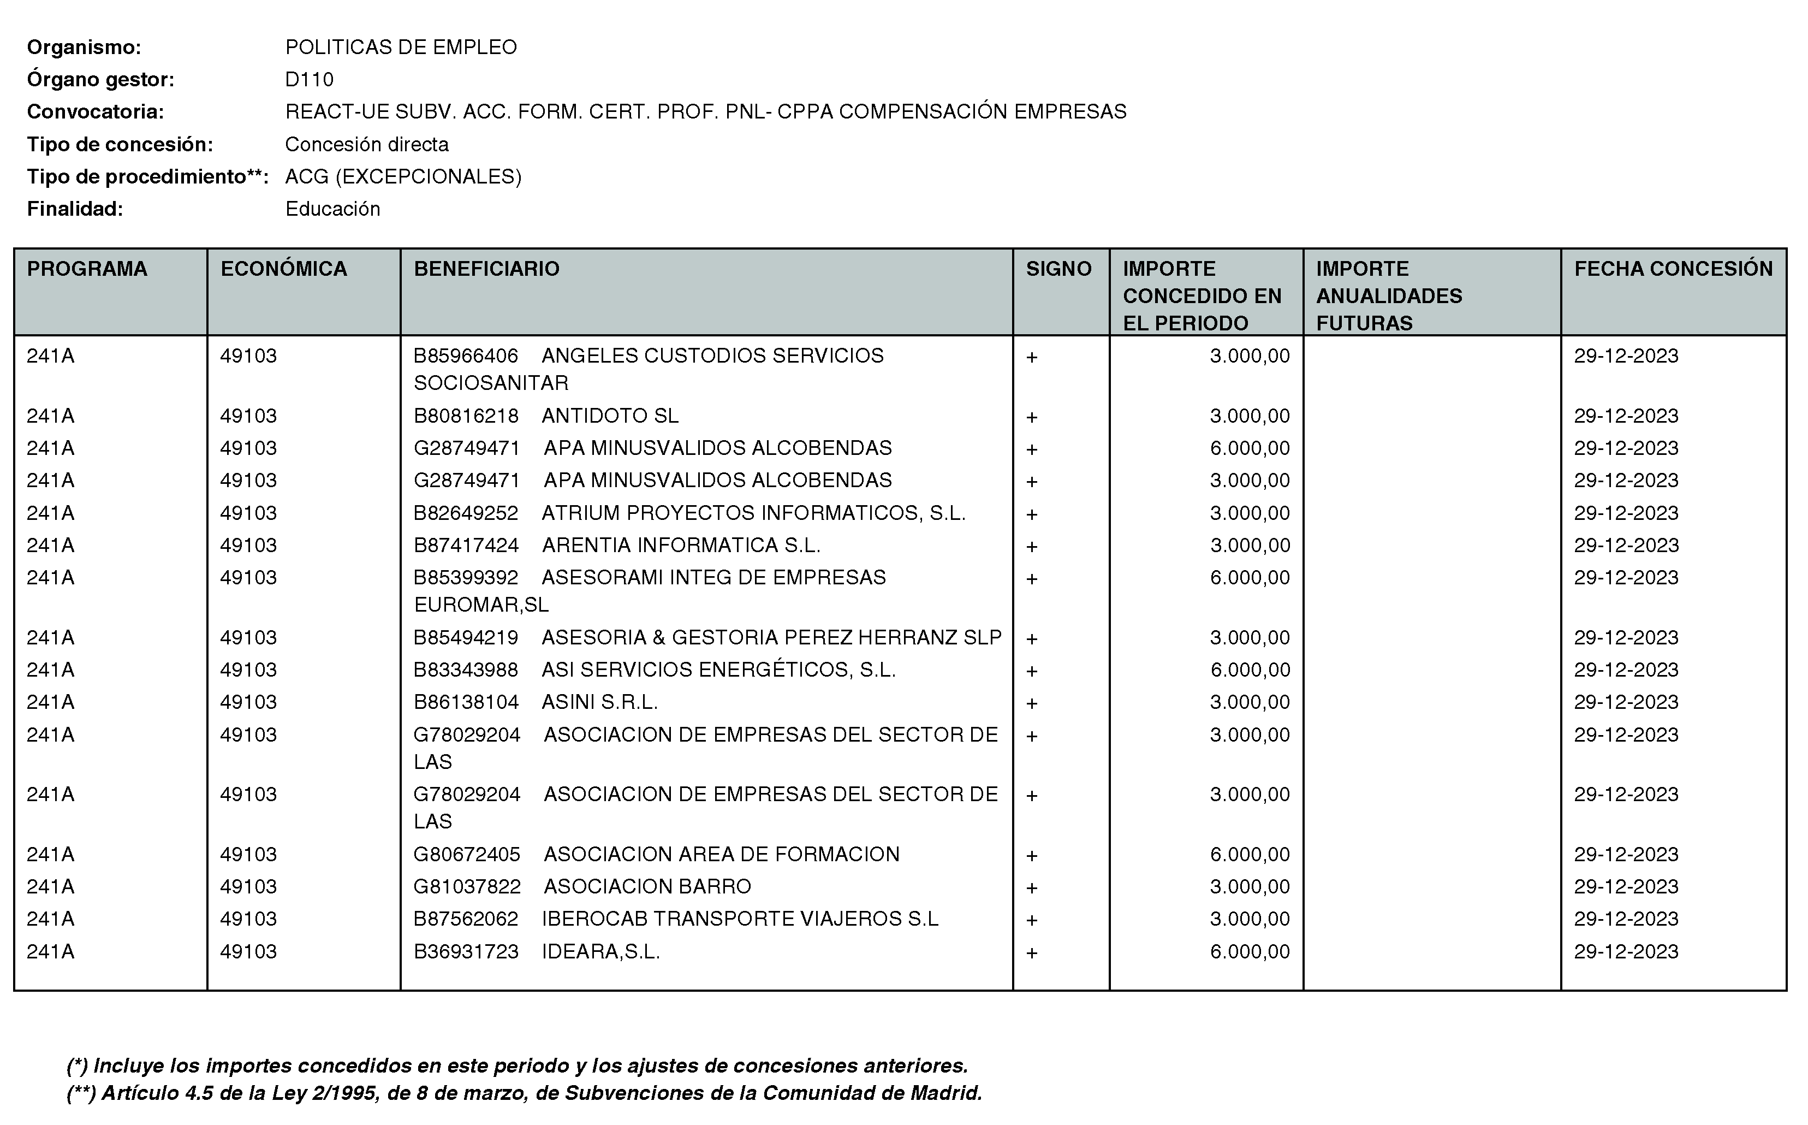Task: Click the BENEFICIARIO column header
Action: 486,269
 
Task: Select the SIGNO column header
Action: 1058,269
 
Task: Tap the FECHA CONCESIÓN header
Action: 1673,269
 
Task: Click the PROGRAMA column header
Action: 87,269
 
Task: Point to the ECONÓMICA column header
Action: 283,269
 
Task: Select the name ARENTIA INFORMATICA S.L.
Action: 681,546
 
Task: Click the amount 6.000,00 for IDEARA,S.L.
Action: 1250,952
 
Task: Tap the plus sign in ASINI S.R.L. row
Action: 1032,703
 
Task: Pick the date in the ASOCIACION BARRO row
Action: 1626,886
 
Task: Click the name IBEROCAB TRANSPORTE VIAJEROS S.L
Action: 740,919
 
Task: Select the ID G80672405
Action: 466,854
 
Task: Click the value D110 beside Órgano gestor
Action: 310,80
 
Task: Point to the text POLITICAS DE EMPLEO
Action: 401,47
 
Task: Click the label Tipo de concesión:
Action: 120,144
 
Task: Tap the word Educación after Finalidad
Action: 332,209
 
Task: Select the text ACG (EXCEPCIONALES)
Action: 403,176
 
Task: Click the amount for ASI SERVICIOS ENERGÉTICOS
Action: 1250,670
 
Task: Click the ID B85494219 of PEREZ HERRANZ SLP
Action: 466,638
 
